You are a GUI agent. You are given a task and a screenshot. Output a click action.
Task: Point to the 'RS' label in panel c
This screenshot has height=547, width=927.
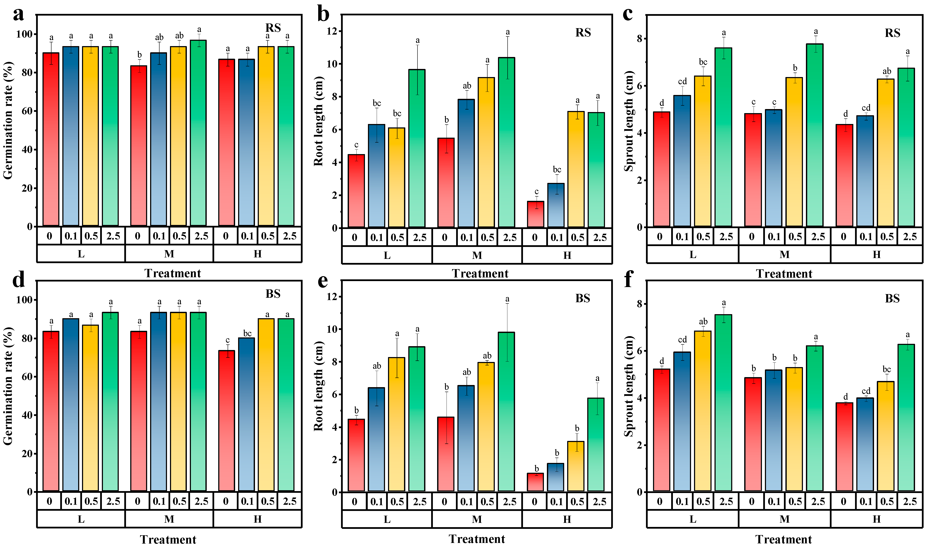(892, 33)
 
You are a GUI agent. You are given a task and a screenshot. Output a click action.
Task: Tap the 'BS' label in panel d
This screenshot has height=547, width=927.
(273, 294)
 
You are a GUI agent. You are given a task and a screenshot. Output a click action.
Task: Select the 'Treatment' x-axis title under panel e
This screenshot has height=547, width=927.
(477, 539)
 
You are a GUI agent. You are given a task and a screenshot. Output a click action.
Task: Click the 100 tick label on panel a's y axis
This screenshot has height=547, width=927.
(24, 34)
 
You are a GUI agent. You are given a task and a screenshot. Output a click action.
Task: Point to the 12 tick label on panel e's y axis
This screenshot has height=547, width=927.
(331, 296)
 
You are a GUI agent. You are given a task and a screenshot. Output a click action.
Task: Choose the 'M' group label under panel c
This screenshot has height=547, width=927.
(784, 255)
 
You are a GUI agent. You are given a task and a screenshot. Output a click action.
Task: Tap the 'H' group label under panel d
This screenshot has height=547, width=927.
(257, 519)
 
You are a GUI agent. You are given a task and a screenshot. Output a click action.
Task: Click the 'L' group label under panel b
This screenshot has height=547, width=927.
(387, 255)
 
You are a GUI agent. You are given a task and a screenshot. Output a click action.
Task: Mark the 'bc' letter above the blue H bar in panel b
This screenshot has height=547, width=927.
(557, 169)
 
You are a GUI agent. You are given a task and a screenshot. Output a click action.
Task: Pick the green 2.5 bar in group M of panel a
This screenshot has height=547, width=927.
(198, 133)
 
